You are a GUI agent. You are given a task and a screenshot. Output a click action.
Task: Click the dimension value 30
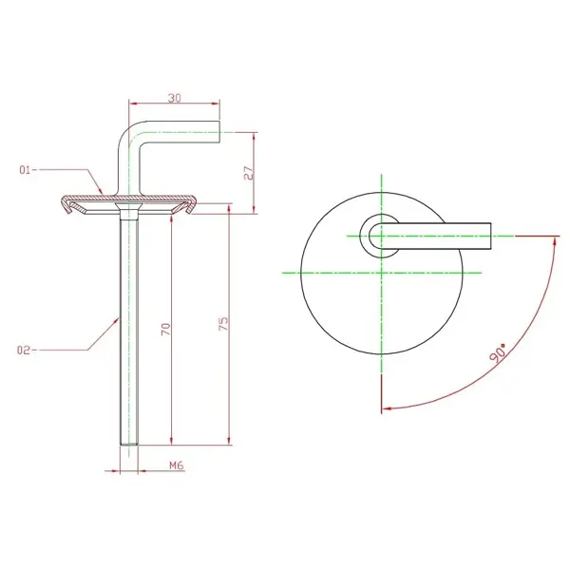[174, 98]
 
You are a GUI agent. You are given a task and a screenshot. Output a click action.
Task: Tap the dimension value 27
[248, 173]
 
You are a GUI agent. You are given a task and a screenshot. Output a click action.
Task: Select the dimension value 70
[165, 329]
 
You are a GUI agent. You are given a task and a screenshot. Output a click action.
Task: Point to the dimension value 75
[224, 323]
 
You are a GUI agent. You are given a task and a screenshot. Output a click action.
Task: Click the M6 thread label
[177, 465]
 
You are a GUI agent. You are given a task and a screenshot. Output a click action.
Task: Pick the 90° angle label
[498, 352]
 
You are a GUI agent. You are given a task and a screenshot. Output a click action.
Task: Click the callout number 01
[25, 170]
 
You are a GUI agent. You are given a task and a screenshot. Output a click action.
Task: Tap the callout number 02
[23, 351]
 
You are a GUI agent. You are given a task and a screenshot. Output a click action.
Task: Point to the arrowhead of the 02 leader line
[116, 321]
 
